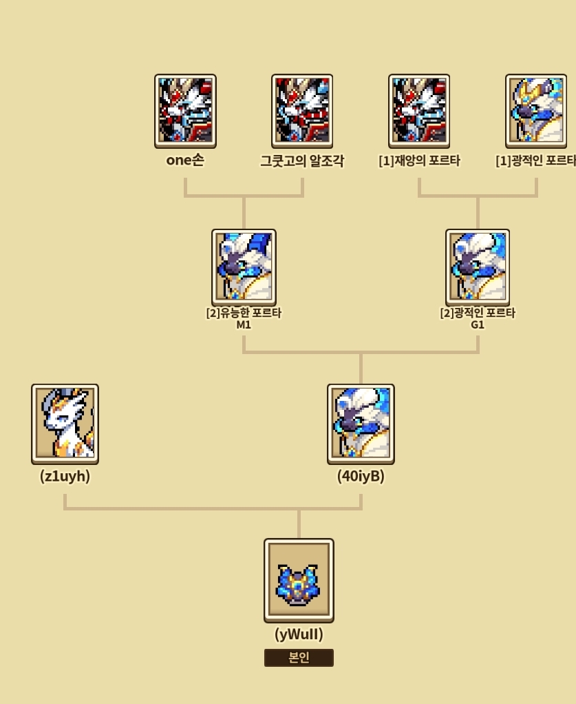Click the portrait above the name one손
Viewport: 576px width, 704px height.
coord(185,111)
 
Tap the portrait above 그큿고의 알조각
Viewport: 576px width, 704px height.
coord(302,111)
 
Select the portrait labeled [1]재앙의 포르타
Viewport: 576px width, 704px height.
coord(419,111)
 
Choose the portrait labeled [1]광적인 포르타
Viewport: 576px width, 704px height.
coord(536,111)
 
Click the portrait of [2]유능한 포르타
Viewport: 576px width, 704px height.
coord(244,267)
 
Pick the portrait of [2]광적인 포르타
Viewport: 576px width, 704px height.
coord(478,267)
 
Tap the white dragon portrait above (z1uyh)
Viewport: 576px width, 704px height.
coord(65,424)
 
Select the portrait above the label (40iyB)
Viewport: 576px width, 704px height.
coord(361,424)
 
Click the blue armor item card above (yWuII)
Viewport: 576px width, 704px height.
coord(299,580)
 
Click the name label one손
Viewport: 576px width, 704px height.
coord(185,161)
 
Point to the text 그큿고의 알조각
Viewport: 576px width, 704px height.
coord(302,161)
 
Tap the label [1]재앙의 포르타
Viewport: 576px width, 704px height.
coord(419,161)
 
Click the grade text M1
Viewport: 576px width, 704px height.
coord(244,324)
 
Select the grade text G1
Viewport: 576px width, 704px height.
coord(478,324)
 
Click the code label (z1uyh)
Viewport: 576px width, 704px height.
coord(65,476)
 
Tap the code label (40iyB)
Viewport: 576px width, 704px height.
coord(361,476)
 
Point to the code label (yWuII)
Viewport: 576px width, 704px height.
coord(299,634)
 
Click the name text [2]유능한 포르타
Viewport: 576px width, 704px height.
coord(244,313)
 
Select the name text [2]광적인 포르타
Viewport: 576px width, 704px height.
coord(478,313)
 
